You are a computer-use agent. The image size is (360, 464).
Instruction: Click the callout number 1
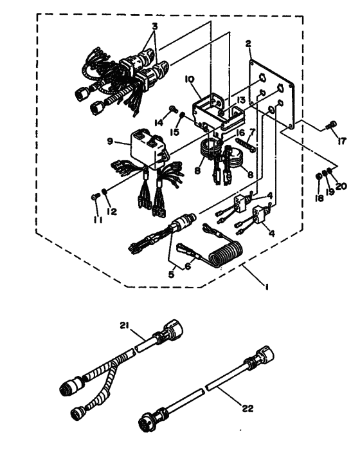tap(267, 286)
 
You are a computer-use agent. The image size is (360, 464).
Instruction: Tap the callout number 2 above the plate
tap(248, 44)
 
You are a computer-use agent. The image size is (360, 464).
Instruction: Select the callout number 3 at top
tap(154, 26)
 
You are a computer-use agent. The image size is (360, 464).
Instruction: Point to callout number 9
tap(110, 142)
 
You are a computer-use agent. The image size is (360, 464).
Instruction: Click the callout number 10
tap(190, 79)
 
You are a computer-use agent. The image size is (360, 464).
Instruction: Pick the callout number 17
tap(341, 141)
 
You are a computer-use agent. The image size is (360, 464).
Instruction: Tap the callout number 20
tap(341, 186)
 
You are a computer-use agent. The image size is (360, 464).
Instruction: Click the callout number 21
tap(125, 326)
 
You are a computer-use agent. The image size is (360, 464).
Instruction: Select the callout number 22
tap(248, 409)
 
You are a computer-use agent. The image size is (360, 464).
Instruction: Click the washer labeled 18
tap(319, 176)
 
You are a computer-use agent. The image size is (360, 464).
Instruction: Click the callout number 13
tap(240, 100)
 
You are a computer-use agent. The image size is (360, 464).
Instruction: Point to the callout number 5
tap(172, 274)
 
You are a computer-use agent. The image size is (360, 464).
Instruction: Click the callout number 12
tap(112, 212)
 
